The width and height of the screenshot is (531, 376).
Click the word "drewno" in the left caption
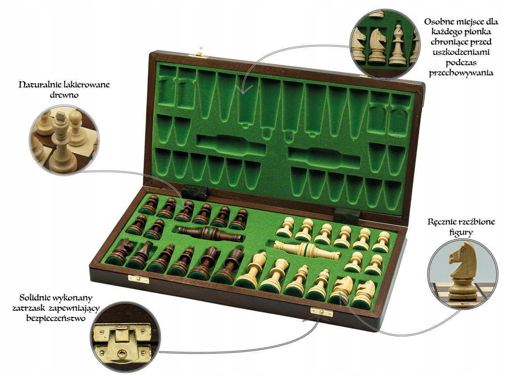tap(64, 95)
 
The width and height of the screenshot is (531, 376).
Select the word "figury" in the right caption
tap(461, 233)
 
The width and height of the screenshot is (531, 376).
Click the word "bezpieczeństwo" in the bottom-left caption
tap(56, 319)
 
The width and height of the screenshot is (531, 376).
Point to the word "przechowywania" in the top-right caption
tap(461, 73)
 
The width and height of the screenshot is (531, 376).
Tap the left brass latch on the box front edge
tap(139, 280)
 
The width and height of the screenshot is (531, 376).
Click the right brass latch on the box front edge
tap(321, 312)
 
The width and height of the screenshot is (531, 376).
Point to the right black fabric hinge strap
tap(347, 215)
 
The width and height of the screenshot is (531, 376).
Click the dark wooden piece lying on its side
tap(210, 234)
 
